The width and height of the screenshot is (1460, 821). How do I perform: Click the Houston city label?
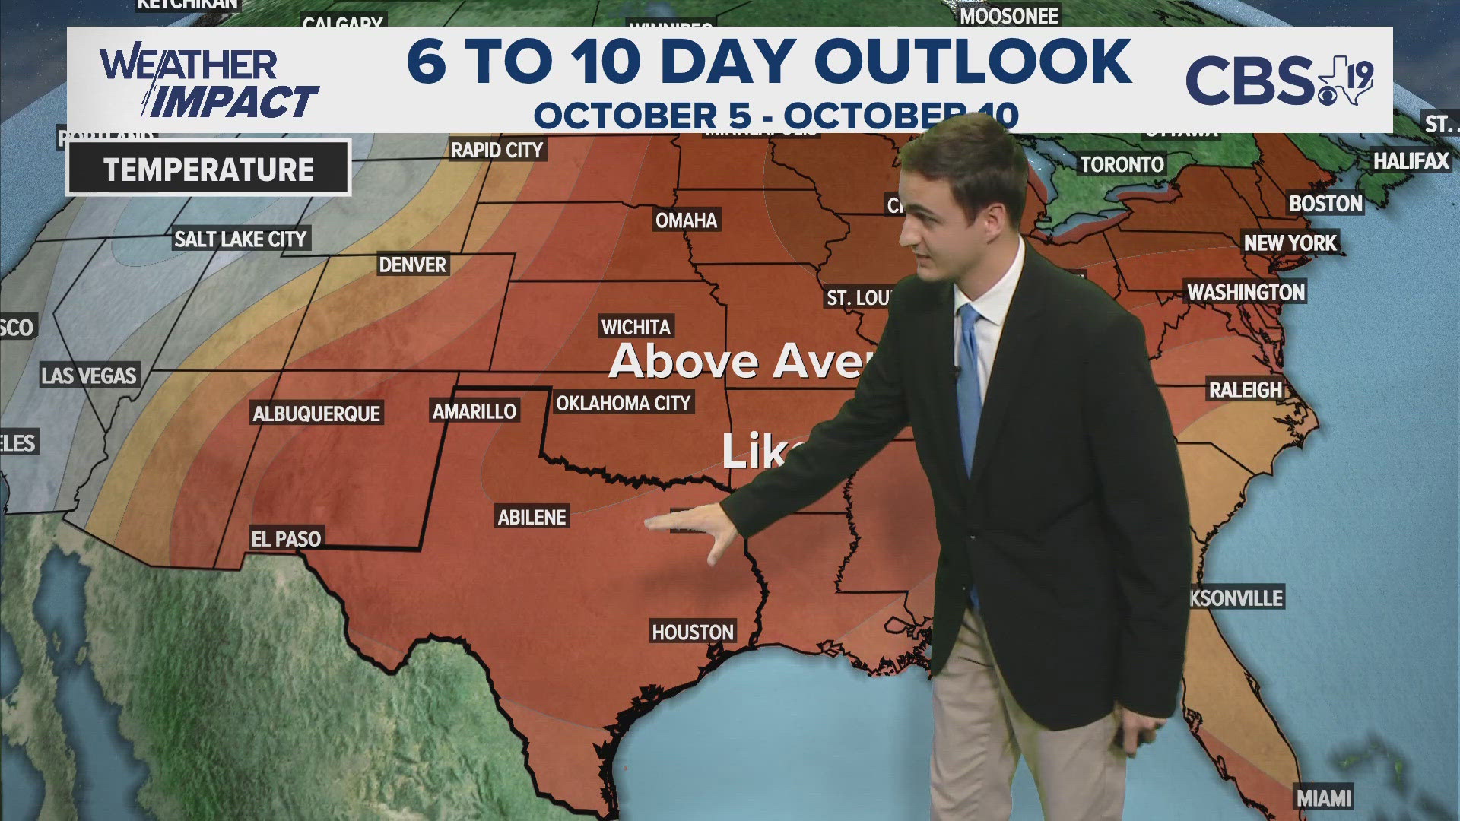(x=693, y=632)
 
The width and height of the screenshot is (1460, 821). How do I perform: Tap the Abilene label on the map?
(x=532, y=517)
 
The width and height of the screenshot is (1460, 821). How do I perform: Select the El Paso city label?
(x=286, y=539)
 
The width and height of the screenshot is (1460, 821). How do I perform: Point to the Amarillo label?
(x=474, y=411)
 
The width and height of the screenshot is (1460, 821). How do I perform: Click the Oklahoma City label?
(x=624, y=403)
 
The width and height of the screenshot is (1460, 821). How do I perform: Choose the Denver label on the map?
(x=413, y=265)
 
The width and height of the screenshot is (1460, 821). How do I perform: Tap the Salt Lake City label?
(x=240, y=239)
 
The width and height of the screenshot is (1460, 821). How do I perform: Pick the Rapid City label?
(x=497, y=150)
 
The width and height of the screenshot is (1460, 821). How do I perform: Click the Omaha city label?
(x=687, y=220)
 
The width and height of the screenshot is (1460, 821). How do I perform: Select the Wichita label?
(x=636, y=327)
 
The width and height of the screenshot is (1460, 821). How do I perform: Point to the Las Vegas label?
(x=89, y=376)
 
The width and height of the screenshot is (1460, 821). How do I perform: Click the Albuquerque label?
(x=316, y=414)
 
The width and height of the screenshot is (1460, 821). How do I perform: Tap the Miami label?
(x=1324, y=798)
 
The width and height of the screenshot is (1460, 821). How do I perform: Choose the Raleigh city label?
(x=1246, y=390)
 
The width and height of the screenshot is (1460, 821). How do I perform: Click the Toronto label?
(x=1122, y=164)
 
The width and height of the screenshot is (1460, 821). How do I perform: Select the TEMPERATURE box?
(x=208, y=169)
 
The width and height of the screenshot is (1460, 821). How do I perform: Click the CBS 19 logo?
(x=1279, y=80)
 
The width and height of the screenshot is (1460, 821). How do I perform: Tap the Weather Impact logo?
(x=207, y=82)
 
